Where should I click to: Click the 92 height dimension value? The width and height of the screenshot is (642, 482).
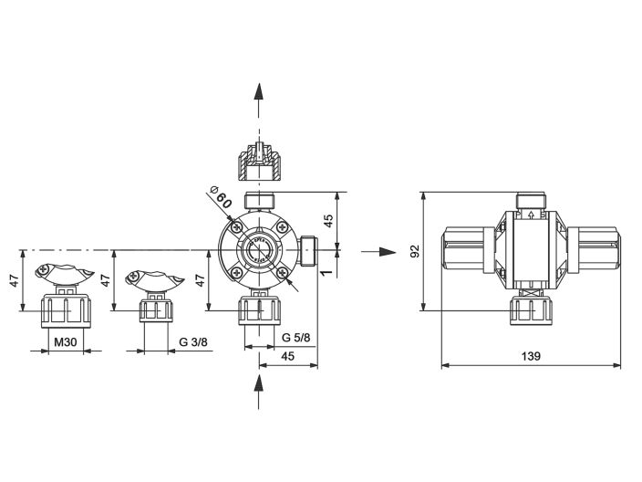(415, 251)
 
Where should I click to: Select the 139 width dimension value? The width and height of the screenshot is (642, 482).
(532, 356)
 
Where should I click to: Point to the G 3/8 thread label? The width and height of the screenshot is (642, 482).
(193, 341)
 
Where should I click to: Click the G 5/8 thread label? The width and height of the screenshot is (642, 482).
(295, 339)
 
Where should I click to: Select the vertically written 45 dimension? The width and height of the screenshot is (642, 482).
(329, 219)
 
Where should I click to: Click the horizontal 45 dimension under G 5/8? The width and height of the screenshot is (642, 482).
(287, 356)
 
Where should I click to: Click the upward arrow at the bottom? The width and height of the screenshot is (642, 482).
(259, 395)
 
